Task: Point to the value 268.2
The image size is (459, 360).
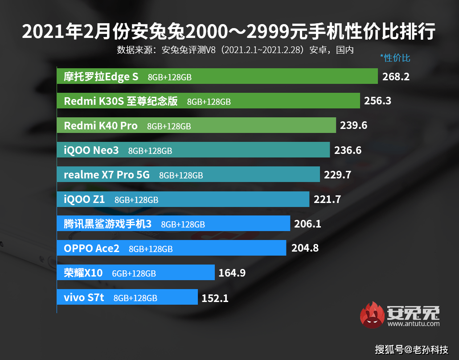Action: tap(396, 77)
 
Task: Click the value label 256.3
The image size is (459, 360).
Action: tap(377, 101)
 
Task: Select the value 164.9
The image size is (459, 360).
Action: tap(232, 273)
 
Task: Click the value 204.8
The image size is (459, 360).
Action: tap(305, 248)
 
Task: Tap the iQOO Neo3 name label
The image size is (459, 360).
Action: tap(91, 150)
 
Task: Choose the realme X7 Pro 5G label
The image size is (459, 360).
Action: tap(107, 175)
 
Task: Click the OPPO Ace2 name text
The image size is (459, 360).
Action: tap(92, 248)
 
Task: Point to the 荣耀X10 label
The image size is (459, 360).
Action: tap(83, 273)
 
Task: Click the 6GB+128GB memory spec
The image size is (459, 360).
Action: tap(134, 273)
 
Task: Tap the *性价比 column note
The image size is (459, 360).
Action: tap(395, 58)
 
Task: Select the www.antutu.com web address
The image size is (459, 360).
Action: tap(413, 324)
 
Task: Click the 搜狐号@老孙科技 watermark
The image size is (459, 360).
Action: tap(411, 349)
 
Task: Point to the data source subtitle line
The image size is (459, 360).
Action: tap(235, 50)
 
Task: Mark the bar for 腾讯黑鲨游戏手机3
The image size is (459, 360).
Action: tap(173, 224)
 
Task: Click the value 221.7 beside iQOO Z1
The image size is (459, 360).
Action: tap(327, 199)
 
